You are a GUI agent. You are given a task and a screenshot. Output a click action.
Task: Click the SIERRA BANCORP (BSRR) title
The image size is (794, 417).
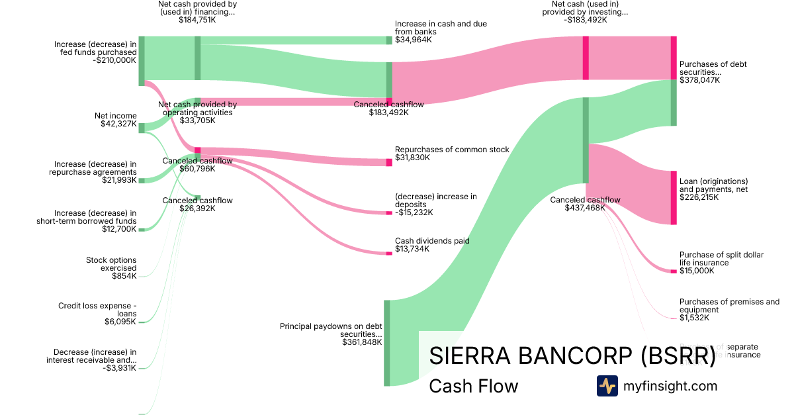572,355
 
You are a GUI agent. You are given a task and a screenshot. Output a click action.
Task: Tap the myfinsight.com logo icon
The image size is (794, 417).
607,386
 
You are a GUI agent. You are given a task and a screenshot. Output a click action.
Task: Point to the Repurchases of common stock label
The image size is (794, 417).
452,150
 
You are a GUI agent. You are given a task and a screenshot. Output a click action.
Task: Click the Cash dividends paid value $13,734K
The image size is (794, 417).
412,249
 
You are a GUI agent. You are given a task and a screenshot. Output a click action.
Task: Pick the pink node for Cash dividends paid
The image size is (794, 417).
389,253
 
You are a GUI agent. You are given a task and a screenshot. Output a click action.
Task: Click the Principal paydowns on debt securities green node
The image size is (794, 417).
387,342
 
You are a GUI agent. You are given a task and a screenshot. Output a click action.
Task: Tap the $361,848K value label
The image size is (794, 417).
362,342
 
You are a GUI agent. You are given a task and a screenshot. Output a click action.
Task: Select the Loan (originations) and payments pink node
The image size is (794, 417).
674,197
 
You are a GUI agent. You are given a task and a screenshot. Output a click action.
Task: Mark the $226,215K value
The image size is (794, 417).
699,197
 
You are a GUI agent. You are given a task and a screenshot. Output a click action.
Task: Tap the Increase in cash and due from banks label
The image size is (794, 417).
441,28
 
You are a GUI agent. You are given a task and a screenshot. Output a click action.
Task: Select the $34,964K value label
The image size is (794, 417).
414,40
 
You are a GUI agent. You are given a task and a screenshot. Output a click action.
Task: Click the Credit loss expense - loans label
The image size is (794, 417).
97,310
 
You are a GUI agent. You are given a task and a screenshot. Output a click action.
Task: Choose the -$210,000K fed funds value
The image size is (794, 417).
114,60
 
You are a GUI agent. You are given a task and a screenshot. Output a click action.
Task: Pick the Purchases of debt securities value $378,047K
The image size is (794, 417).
699,79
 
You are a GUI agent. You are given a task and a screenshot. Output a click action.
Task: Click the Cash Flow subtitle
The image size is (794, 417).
473,386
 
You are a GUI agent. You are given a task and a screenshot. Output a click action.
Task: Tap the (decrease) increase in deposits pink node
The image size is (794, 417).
389,212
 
